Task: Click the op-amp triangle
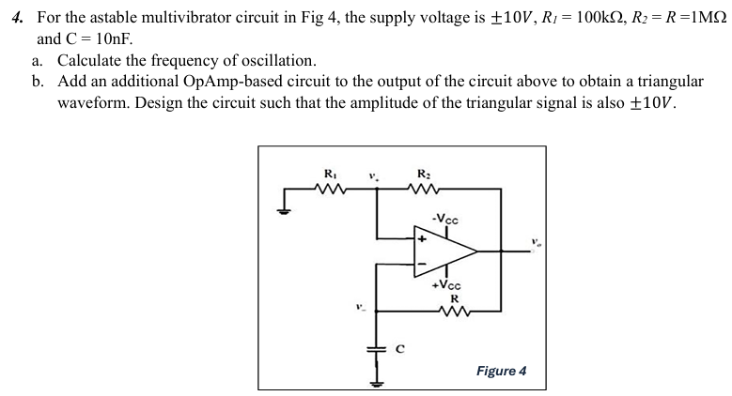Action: click(442, 251)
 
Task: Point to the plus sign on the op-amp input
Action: click(421, 240)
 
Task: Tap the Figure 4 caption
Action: click(501, 371)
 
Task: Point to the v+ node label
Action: click(375, 175)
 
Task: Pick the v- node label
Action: click(359, 306)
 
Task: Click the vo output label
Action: click(535, 241)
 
